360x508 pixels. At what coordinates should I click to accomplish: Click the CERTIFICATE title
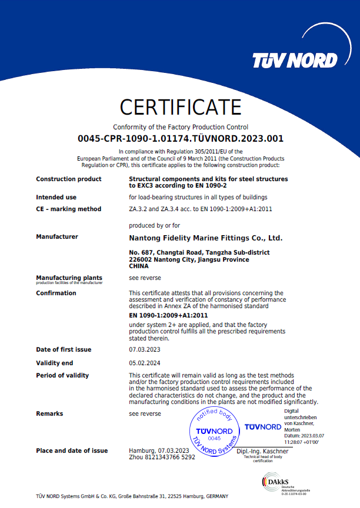[x=181, y=107]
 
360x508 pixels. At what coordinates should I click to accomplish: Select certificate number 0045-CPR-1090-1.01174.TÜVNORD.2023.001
[x=181, y=139]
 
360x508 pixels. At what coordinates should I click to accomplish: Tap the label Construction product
[x=68, y=179]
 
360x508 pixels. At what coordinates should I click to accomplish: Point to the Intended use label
[x=56, y=197]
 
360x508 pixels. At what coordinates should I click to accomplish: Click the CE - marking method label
[x=68, y=209]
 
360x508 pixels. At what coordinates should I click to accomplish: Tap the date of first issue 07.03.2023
[x=144, y=350]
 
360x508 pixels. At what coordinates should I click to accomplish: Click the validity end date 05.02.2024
[x=144, y=363]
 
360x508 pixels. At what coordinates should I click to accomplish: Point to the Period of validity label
[x=62, y=375]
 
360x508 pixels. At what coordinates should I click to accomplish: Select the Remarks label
[x=49, y=413]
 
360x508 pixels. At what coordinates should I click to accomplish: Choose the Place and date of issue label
[x=72, y=450]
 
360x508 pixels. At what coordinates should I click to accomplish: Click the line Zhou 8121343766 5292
[x=162, y=457]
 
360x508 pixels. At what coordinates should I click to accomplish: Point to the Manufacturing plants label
[x=69, y=278]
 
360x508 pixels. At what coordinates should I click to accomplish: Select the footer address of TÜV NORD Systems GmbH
[x=132, y=496]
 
